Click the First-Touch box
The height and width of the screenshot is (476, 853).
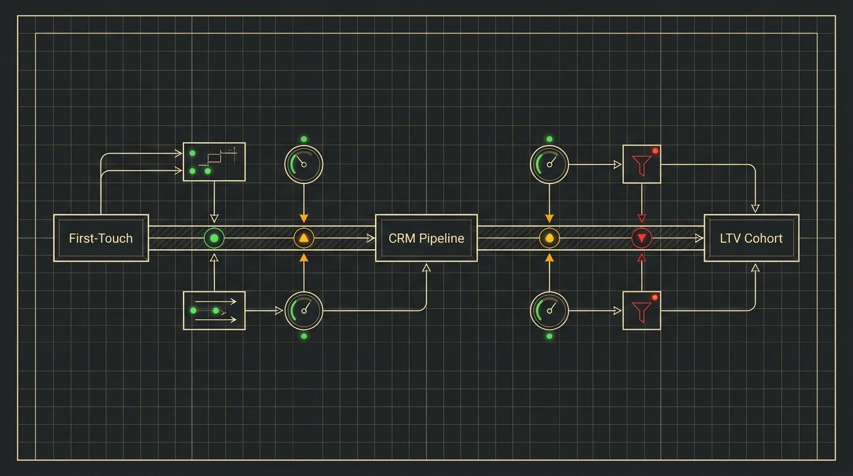point(101,238)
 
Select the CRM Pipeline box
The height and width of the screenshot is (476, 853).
point(426,238)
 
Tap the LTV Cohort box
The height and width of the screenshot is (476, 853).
point(751,238)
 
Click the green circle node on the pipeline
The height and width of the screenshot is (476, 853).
point(214,239)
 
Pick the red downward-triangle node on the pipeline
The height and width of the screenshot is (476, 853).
point(642,239)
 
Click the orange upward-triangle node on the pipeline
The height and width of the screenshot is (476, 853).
point(304,239)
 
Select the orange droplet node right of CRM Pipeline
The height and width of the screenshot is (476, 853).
point(549,239)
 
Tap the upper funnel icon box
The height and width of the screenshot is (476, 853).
point(642,164)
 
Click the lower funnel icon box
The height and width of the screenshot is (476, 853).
point(642,311)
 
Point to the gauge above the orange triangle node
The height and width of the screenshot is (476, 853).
point(304,164)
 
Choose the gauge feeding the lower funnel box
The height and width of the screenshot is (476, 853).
point(549,311)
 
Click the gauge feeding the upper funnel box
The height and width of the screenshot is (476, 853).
point(549,164)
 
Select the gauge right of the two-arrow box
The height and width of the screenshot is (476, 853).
point(304,311)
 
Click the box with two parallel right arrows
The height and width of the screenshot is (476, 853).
point(214,311)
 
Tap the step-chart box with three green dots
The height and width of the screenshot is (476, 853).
point(214,162)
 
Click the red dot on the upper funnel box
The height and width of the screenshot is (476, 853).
point(655,151)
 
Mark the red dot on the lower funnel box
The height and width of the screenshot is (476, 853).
point(655,297)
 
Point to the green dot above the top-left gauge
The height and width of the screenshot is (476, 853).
point(304,139)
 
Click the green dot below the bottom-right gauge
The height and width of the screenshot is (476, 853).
point(549,337)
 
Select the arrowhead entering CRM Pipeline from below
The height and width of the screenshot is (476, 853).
point(427,267)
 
